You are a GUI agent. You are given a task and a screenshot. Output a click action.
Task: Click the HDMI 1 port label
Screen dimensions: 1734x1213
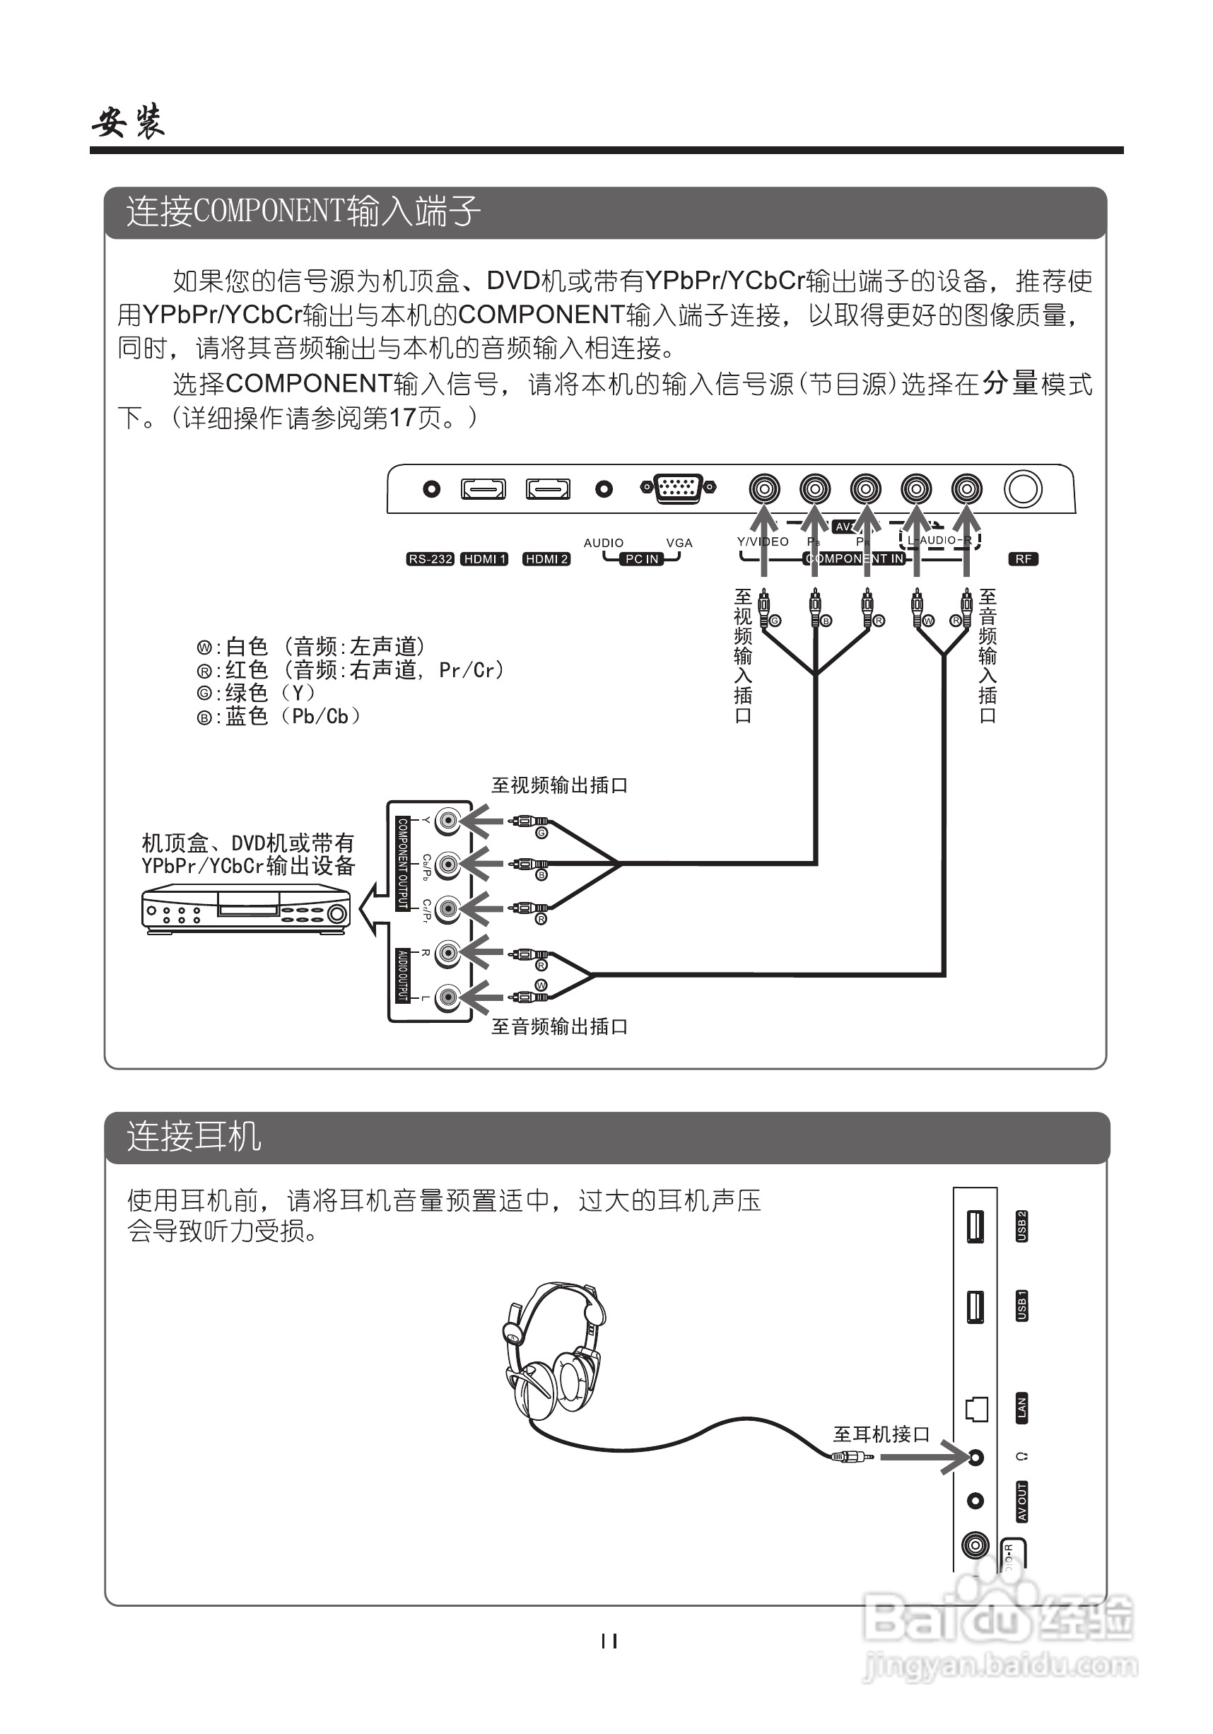[x=484, y=559]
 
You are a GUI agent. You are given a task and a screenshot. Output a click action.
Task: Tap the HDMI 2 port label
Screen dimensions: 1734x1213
[x=546, y=559]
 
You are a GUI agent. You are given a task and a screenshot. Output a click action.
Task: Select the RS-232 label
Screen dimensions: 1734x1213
[x=430, y=559]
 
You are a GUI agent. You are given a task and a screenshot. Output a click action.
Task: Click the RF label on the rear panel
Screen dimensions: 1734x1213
[x=1024, y=559]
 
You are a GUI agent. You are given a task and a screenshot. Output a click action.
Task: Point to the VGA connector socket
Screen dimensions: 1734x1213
[x=679, y=488]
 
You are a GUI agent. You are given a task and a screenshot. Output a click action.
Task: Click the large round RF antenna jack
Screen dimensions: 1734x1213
[x=1023, y=488]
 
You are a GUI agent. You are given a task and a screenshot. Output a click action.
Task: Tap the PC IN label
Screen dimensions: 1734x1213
[x=642, y=559]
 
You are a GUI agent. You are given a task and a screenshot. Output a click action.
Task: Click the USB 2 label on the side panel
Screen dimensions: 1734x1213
[x=1021, y=1226]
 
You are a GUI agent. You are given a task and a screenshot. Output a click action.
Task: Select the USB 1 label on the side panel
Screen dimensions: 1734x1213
[x=1021, y=1305]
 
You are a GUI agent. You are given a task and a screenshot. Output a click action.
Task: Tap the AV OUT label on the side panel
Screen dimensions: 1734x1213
[x=1021, y=1501]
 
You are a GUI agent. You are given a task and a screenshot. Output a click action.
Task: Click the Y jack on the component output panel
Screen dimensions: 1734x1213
[x=448, y=820]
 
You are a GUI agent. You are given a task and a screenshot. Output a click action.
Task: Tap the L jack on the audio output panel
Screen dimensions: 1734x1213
[x=448, y=997]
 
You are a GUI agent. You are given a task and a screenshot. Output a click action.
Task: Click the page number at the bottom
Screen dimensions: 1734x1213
[x=609, y=1641]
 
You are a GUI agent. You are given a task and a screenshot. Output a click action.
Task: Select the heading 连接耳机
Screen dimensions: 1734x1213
[x=194, y=1136]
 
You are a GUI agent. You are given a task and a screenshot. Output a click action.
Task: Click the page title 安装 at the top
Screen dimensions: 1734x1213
[x=129, y=121]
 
